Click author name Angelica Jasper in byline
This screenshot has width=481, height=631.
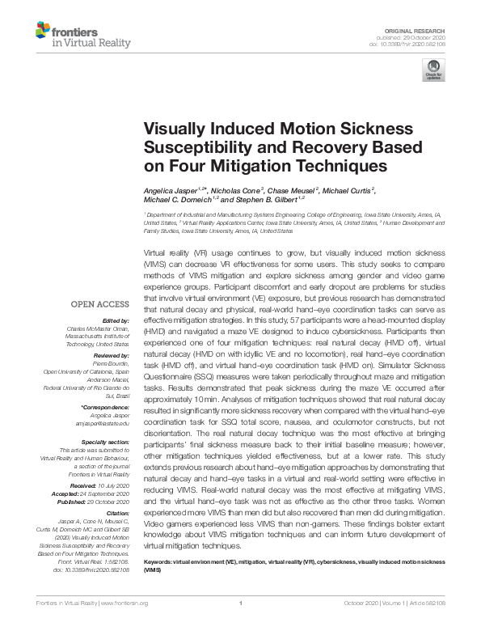(170, 188)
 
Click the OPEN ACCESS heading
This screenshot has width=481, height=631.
(100, 304)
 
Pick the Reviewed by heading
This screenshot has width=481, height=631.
(110, 356)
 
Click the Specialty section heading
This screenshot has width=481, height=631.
(106, 441)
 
